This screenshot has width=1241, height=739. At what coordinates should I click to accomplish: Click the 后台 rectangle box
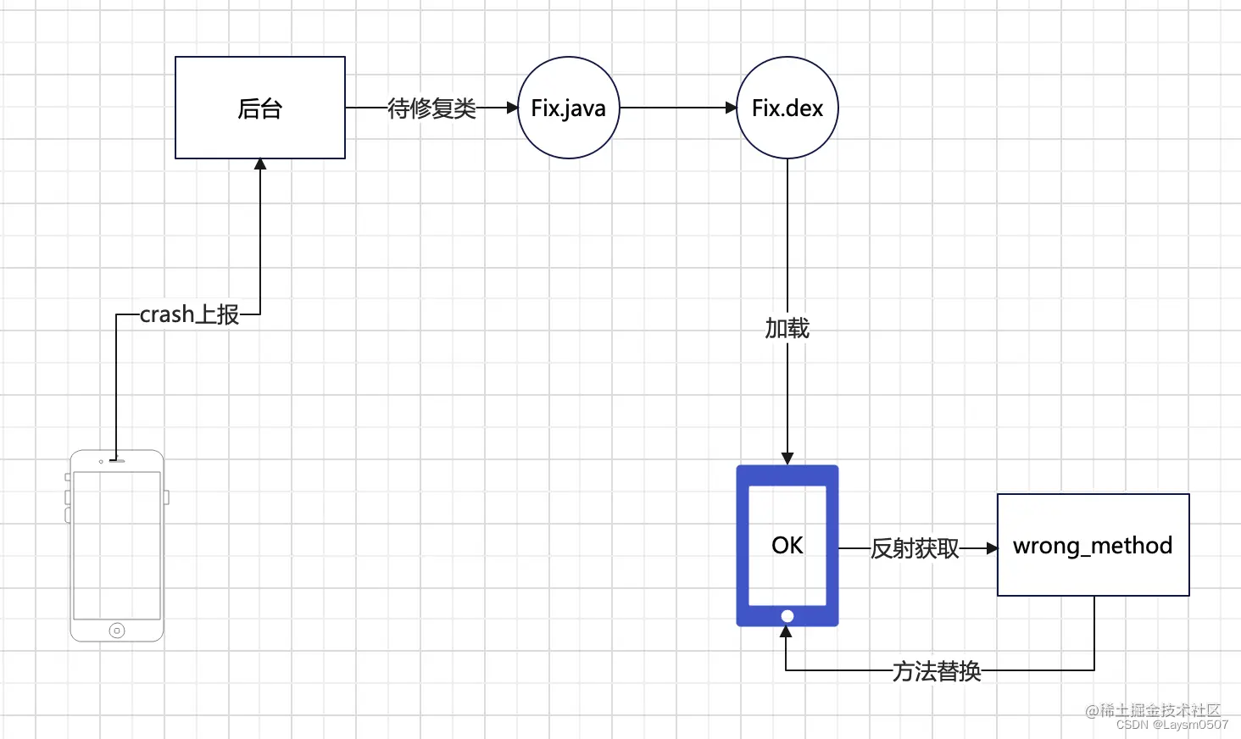[259, 108]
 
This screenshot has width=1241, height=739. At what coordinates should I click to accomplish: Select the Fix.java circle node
[568, 108]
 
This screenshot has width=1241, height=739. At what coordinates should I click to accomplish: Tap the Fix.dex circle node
[787, 108]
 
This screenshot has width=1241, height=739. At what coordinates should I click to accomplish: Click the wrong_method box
[1093, 545]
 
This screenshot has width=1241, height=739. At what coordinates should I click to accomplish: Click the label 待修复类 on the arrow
[431, 108]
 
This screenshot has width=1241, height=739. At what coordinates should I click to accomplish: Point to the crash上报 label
[189, 314]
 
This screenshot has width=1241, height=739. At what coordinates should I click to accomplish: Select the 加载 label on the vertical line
[787, 328]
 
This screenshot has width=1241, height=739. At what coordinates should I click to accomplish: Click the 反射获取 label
[915, 549]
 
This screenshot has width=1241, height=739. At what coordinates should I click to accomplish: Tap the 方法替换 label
[937, 671]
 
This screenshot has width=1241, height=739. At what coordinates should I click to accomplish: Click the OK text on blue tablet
[787, 545]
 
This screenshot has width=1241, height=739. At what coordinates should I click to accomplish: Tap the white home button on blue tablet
[787, 616]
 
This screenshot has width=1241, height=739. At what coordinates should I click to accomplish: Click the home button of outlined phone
[117, 631]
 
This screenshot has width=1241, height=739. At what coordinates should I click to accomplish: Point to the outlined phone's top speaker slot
[117, 461]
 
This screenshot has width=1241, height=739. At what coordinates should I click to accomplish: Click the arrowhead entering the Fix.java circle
[512, 108]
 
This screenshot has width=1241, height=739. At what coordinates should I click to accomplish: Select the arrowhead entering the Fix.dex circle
[732, 108]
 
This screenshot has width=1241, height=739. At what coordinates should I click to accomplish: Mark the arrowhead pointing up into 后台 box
[260, 164]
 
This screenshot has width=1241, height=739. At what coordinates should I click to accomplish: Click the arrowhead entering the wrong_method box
[992, 548]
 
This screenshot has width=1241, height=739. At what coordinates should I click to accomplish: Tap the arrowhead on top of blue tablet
[787, 458]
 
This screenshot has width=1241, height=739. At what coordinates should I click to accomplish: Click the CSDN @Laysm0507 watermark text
[1171, 725]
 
